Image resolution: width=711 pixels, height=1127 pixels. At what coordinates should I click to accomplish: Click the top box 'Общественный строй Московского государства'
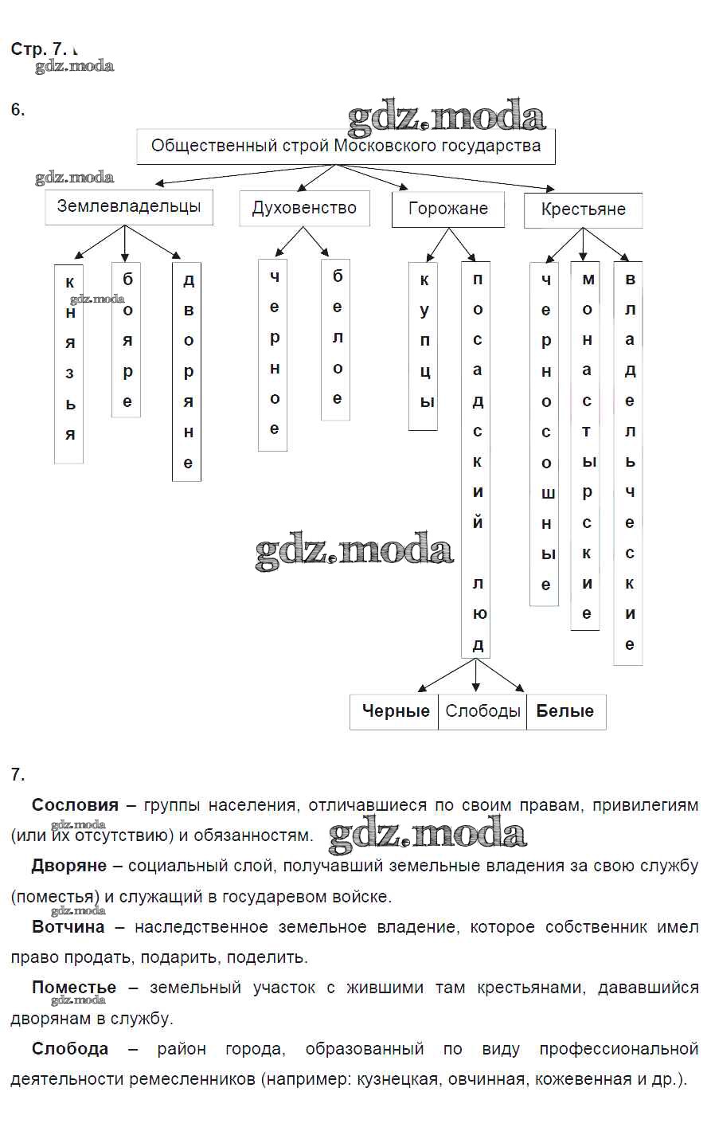tap(346, 147)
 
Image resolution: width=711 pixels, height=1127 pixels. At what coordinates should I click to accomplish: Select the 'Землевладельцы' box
tap(129, 207)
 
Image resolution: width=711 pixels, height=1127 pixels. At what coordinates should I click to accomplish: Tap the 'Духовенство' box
tap(304, 209)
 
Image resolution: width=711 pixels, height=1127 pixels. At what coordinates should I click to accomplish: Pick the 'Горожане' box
tap(447, 209)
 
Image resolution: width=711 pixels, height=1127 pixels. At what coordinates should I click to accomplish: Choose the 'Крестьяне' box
tap(583, 210)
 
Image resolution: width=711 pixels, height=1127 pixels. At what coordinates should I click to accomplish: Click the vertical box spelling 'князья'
tap(69, 363)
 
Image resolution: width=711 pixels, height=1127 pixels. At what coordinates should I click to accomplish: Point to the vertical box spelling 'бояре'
tap(127, 340)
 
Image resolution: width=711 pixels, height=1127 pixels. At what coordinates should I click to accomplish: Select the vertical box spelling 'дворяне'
tap(187, 372)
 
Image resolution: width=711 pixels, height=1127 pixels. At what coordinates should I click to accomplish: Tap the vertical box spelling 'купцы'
tap(424, 346)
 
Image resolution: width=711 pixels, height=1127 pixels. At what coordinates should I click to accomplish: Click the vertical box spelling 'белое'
tap(336, 340)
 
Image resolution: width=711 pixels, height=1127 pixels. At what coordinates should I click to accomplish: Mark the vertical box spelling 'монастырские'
tap(585, 446)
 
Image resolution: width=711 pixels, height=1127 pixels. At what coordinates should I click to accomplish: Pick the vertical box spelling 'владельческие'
tap(628, 462)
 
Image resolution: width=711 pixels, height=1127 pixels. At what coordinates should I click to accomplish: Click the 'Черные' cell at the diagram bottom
tap(395, 711)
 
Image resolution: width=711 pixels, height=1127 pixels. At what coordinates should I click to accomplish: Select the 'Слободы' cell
tap(482, 711)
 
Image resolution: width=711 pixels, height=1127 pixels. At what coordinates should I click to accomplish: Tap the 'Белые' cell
tap(565, 711)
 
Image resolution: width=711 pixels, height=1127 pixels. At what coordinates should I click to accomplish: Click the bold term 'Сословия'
tap(75, 805)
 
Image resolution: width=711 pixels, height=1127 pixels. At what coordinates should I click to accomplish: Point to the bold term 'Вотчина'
tap(68, 927)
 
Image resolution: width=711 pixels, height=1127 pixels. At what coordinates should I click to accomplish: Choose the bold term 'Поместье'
tap(74, 988)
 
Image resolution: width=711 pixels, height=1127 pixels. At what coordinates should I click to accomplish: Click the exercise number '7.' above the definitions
tap(18, 774)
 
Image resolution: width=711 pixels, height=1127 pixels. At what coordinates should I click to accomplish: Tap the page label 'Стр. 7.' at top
tap(39, 49)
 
